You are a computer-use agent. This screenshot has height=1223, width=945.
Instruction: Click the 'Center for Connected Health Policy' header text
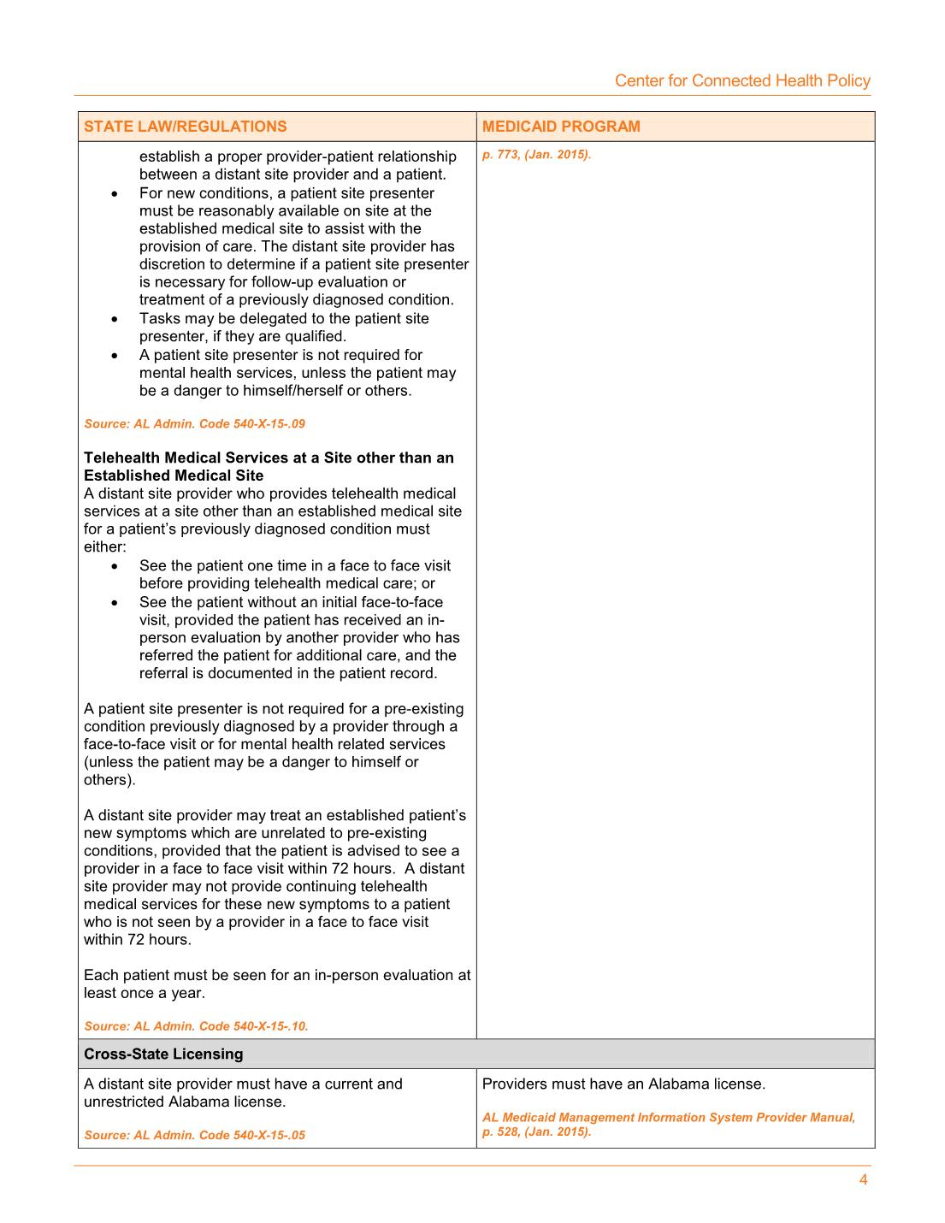[742, 80]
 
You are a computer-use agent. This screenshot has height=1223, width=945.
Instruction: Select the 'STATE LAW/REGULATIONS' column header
[186, 127]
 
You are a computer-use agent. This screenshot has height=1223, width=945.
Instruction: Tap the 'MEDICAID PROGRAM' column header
[561, 127]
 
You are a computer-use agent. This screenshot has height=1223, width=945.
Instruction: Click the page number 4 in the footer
[863, 1180]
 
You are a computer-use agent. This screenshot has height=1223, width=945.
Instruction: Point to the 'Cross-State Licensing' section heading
[163, 1054]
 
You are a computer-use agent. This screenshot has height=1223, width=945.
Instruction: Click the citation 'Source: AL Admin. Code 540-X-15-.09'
[194, 423]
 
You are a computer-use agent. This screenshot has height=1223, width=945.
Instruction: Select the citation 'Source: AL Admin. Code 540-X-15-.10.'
[196, 1025]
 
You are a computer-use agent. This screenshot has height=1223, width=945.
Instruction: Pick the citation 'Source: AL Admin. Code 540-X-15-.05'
[194, 1135]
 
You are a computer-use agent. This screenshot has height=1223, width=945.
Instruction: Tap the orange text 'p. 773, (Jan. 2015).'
[536, 155]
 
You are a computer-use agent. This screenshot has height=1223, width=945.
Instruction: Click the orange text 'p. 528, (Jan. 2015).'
[536, 1131]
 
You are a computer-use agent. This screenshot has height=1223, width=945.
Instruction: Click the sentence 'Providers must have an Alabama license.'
[623, 1084]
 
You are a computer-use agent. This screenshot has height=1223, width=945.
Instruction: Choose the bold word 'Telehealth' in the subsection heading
[121, 458]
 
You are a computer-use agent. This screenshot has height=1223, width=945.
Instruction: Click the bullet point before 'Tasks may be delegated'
[115, 319]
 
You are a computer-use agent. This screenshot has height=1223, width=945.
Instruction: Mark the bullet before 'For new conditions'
[115, 194]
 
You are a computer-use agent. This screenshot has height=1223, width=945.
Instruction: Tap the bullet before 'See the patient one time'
[115, 566]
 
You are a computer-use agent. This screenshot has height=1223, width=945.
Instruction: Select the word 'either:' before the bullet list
[104, 547]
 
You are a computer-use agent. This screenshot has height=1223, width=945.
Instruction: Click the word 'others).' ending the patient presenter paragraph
[109, 779]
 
